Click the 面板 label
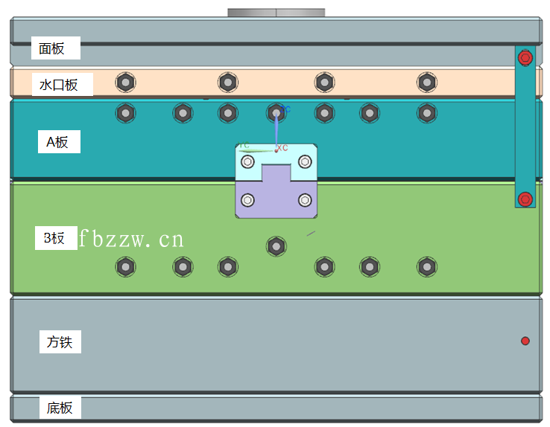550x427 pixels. pyautogui.click(x=52, y=49)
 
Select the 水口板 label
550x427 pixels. pyautogui.click(x=59, y=85)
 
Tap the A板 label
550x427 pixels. pyautogui.click(x=57, y=142)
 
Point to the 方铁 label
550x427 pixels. pyautogui.click(x=60, y=342)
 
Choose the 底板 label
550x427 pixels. pyautogui.click(x=60, y=408)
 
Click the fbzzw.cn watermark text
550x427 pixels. pyautogui.click(x=131, y=239)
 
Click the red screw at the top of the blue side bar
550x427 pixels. pyautogui.click(x=525, y=57)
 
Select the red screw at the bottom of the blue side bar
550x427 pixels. pyautogui.click(x=525, y=199)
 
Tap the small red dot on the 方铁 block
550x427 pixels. pyautogui.click(x=525, y=341)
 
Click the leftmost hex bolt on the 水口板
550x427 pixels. pyautogui.click(x=126, y=81)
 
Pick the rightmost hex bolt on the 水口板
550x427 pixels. pyautogui.click(x=426, y=81)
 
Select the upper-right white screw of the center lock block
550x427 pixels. pyautogui.click(x=305, y=161)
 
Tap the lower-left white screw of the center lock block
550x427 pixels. pyautogui.click(x=247, y=199)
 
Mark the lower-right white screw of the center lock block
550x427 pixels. pyautogui.click(x=305, y=199)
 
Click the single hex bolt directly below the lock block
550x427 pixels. pyautogui.click(x=276, y=245)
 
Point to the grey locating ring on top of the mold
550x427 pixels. pyautogui.click(x=276, y=13)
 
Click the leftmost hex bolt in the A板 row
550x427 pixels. pyautogui.click(x=126, y=113)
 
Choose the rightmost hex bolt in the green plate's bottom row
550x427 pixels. pyautogui.click(x=426, y=266)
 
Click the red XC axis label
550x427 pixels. pyautogui.click(x=282, y=148)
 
